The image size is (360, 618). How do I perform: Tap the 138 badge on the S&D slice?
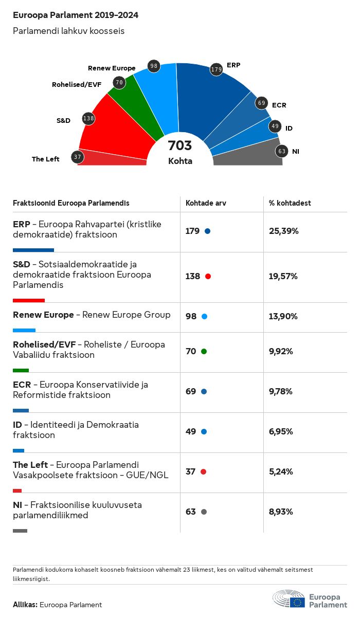pos(88,119)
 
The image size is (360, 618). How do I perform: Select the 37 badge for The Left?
pos(78,157)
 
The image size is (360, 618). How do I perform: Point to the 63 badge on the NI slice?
pos(281,151)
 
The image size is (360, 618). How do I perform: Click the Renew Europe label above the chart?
pos(112,68)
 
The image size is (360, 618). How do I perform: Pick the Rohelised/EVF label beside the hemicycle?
pos(77,84)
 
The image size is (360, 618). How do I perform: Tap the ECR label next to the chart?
pos(279,105)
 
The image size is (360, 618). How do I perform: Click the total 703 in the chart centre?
pos(180,146)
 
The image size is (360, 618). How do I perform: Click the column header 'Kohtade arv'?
pos(206,203)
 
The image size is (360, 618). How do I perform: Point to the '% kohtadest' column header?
pos(290,203)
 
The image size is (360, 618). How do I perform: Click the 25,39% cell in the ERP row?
pos(283,231)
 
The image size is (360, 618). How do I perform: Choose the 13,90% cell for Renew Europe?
pos(283,316)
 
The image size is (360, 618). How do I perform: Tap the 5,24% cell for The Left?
pos(281,471)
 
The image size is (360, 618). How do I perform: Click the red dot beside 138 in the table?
pos(208,277)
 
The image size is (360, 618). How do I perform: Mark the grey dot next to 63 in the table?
pos(204,512)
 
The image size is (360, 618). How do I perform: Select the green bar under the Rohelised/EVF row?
pos(21,370)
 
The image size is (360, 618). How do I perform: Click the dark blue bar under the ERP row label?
pos(33,250)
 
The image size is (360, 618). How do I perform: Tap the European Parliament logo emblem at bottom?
pos(289,599)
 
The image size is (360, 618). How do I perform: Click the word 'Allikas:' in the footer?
pos(25,605)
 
